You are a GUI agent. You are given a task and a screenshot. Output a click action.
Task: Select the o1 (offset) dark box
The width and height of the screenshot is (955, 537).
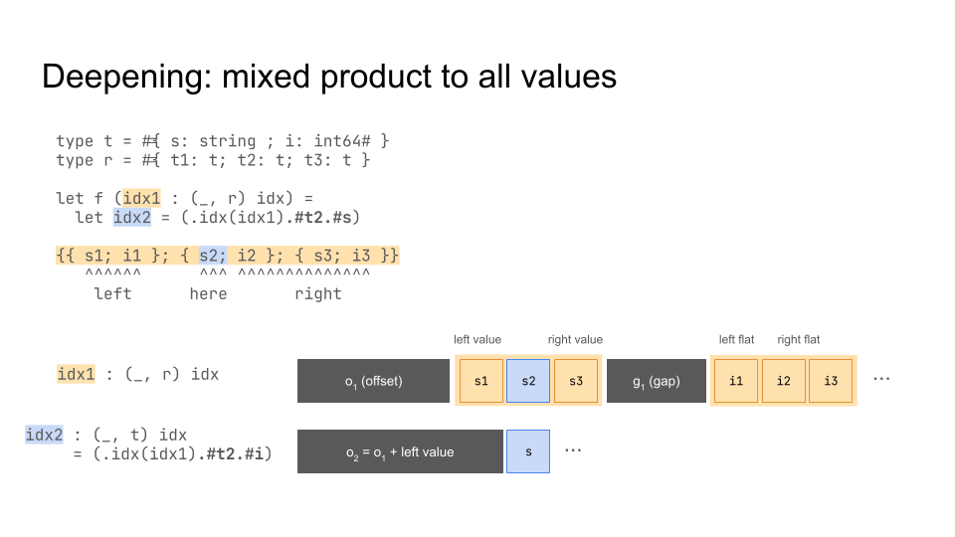373,381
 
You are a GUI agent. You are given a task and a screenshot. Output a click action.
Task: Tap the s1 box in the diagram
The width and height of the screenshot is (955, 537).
481,381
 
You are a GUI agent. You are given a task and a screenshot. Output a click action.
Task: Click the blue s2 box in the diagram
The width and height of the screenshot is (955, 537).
528,381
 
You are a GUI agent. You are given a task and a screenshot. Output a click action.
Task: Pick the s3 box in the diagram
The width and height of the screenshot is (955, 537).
576,381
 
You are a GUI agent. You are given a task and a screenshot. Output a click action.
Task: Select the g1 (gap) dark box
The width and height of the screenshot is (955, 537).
657,381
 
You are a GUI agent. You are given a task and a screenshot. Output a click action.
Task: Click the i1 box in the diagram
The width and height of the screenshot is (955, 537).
736,381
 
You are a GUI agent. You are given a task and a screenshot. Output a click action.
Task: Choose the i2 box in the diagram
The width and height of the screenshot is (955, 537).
783,381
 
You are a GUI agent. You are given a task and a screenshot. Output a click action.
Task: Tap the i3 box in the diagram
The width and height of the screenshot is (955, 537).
831,381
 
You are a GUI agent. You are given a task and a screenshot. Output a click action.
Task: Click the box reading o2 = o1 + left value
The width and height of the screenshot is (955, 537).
400,451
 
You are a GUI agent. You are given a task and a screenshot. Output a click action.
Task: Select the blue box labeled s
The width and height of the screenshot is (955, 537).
528,451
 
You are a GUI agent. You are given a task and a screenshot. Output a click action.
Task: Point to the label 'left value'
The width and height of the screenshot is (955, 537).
477,340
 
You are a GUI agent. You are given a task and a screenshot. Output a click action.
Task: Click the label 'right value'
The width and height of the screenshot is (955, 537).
575,340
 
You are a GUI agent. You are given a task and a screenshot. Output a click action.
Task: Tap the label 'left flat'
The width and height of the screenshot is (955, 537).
736,340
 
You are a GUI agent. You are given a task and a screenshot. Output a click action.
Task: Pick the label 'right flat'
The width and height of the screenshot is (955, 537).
799,340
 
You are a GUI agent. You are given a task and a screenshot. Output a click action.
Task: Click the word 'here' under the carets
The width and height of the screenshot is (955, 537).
208,294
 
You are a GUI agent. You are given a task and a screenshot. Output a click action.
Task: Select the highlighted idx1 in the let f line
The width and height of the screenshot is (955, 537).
142,199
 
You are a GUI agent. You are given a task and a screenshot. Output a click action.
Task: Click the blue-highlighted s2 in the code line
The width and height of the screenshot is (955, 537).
213,256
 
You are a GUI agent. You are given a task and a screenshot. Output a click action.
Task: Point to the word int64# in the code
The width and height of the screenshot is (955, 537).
341,141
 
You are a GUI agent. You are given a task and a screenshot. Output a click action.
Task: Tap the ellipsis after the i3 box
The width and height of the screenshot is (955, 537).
881,379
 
